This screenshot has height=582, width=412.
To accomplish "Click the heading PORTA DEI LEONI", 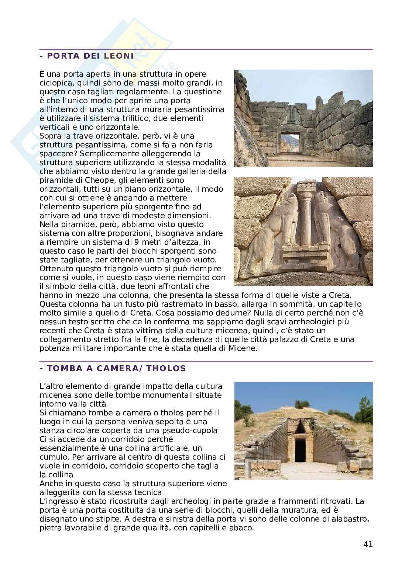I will tap(86, 56).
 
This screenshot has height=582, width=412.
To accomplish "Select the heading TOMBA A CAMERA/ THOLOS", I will tap(113, 368).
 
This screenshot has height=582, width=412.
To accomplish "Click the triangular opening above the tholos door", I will tap(301, 427).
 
